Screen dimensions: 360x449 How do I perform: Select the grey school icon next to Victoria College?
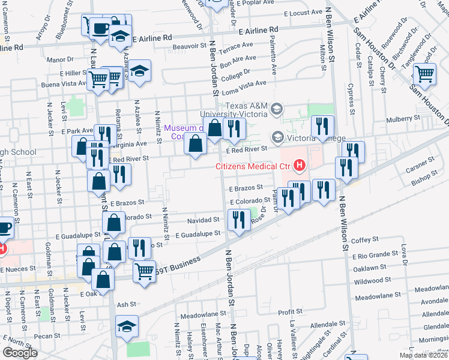click(277, 137)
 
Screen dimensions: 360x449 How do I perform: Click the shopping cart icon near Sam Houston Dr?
click(424, 75)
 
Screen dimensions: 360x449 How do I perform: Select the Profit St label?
click(290, 312)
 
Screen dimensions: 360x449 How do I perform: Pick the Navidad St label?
click(199, 220)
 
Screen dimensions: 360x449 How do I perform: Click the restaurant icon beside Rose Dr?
click(240, 220)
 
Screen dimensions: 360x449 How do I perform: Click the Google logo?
click(20, 353)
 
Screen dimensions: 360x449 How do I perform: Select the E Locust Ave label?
click(304, 13)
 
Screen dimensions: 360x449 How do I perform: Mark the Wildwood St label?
click(373, 281)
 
